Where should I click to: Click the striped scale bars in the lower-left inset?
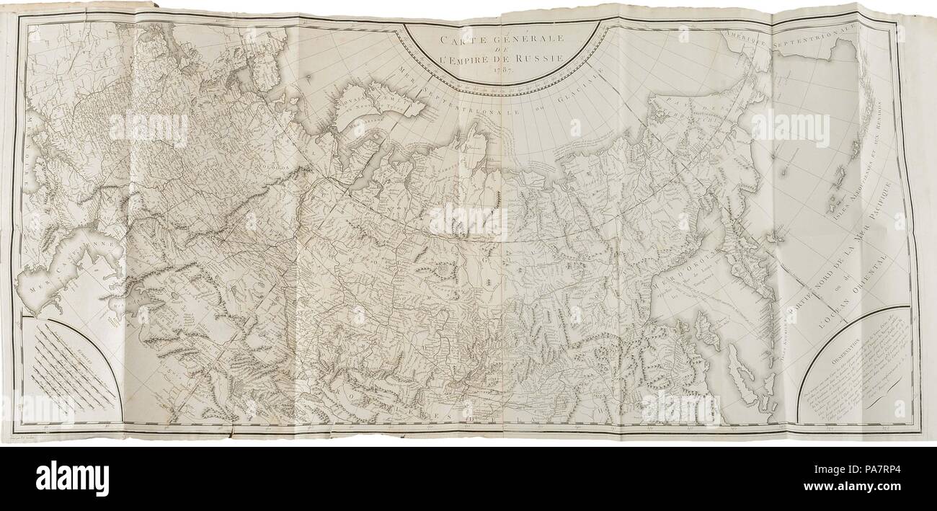point(72,360)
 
